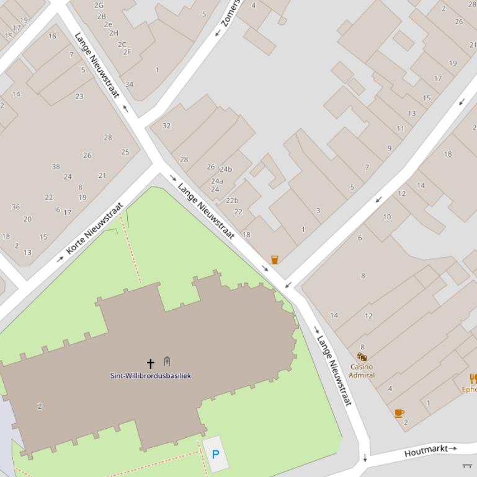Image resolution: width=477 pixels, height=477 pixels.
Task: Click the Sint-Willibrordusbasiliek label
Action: pos(151,375)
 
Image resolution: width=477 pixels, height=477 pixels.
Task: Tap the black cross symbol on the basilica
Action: pos(150,363)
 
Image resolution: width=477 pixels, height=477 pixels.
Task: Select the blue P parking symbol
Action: pos(215,454)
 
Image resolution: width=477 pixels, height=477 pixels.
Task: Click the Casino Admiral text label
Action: pos(362,370)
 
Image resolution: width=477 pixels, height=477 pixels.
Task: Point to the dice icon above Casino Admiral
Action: pos(362,357)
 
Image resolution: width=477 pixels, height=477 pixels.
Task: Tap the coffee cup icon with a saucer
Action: pos(399,413)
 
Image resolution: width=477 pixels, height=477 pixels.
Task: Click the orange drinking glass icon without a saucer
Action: pos(275,260)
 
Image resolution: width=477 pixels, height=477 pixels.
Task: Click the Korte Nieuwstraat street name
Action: pos(94,229)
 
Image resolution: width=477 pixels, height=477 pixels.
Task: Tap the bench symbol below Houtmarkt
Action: pos(467,465)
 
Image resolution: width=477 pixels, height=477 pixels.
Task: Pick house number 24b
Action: pos(225,169)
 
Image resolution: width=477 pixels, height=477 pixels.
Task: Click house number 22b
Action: pos(232,200)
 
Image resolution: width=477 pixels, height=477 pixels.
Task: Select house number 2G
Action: pos(99,5)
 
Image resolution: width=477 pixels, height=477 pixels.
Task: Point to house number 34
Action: pos(129,84)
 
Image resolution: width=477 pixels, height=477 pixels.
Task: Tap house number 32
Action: pos(166,126)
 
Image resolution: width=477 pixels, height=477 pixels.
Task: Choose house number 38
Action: pos(56,166)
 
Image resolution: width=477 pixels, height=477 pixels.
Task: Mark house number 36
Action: pos(16,207)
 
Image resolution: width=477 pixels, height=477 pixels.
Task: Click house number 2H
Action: pos(114,33)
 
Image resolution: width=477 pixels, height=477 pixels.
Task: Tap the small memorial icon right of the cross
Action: pos(167,361)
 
